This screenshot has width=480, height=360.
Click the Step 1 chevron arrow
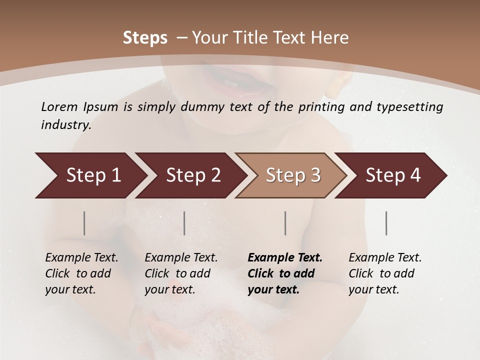point(90,175)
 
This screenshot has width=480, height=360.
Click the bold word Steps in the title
point(145,38)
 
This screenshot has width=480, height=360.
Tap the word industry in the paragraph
point(66,125)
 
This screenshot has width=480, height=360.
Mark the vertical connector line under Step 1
point(84,223)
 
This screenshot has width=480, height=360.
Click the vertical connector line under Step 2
point(184,223)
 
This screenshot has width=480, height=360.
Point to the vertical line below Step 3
point(285,223)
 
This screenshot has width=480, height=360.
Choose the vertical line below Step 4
point(386,223)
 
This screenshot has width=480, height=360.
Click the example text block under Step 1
point(81,273)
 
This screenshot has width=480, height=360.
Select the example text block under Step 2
point(181,273)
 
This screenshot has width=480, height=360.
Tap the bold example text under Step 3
point(285,273)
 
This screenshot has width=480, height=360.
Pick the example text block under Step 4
point(385,273)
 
